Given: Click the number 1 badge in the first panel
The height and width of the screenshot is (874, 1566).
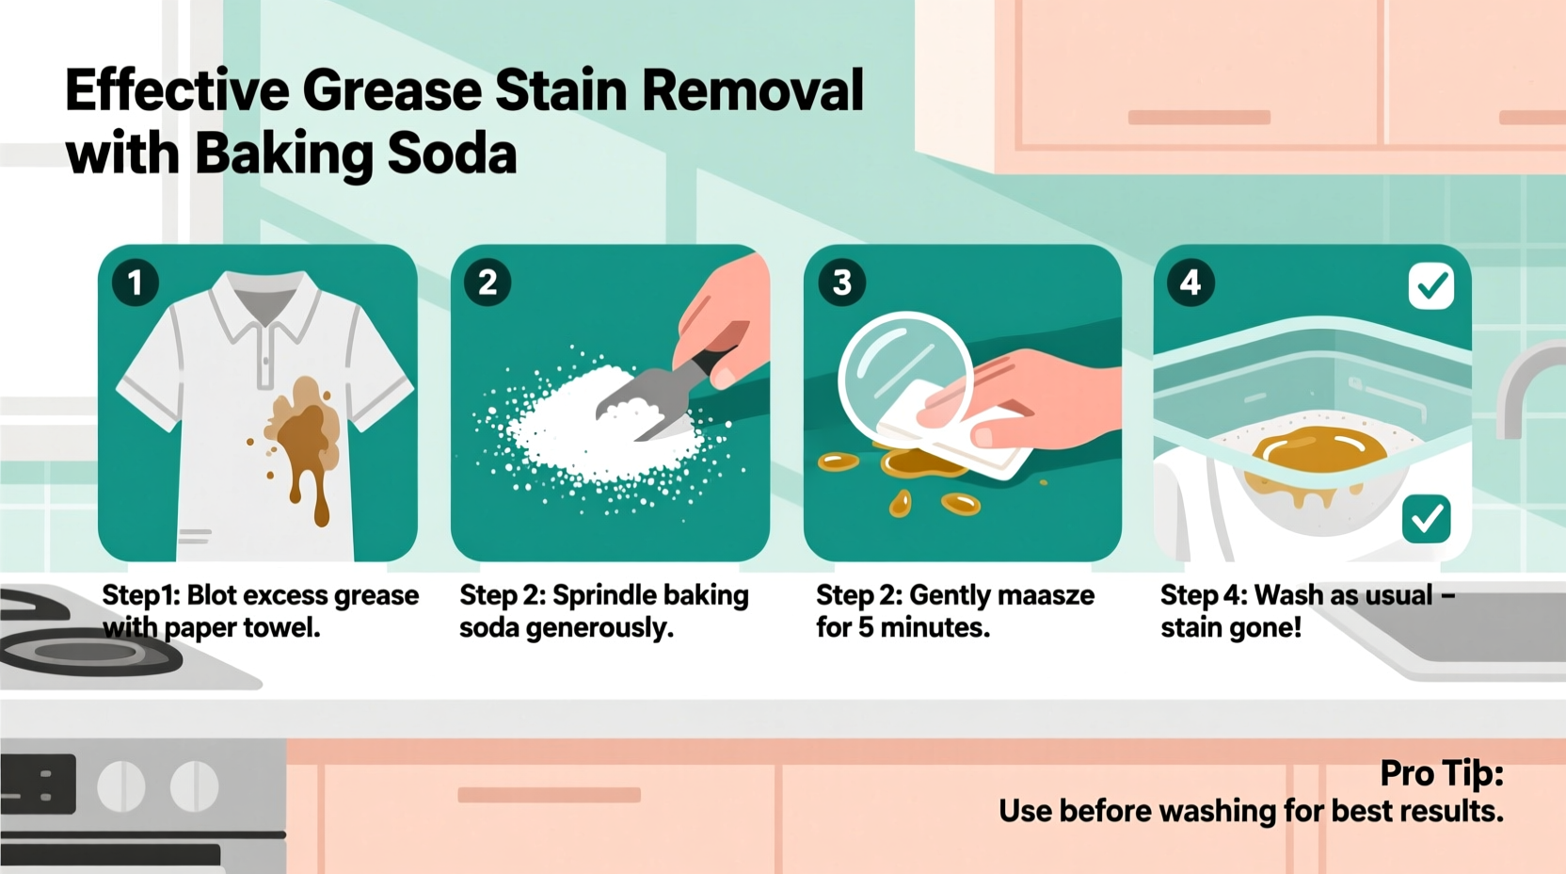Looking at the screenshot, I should coord(135,283).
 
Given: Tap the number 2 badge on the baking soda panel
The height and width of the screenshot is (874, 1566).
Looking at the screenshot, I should coord(487,283).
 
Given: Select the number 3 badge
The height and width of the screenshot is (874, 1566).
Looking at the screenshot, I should coord(841,283).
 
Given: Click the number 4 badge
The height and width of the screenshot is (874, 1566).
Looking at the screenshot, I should coord(1190,283).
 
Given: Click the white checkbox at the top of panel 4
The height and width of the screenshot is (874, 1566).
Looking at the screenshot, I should coord(1431,286).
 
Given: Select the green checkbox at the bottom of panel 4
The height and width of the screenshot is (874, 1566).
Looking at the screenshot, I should coord(1426,518).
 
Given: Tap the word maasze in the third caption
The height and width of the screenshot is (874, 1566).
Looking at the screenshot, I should coord(1046,595).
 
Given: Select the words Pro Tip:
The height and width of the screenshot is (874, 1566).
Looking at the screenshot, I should coord(1441,773).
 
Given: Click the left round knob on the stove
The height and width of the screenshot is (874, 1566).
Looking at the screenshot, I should coord(121,785).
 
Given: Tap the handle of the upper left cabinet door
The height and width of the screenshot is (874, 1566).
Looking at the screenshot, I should coord(1199,118).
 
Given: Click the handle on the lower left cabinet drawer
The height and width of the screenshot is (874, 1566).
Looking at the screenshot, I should coord(549,795).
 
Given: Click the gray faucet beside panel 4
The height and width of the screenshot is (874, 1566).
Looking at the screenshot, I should coord(1525,386).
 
